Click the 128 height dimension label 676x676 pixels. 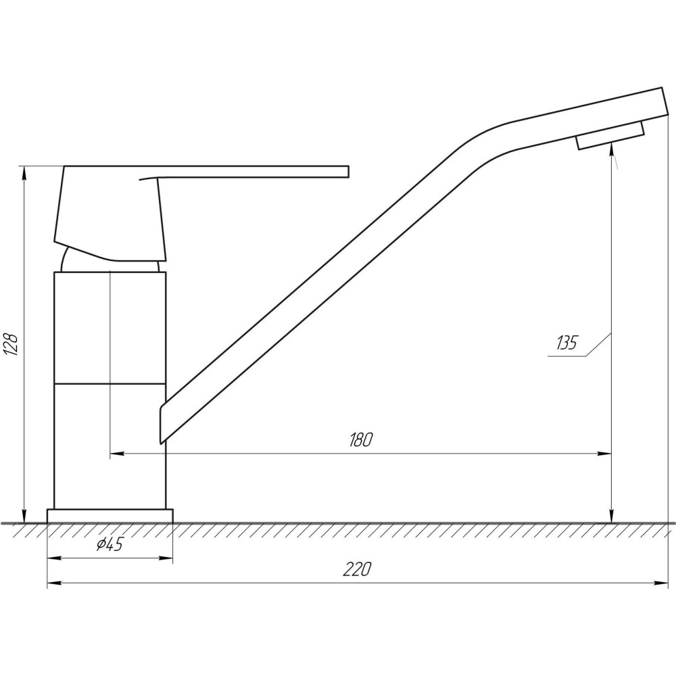point(11,343)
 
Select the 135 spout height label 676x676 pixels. point(566,343)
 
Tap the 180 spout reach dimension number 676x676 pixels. point(360,439)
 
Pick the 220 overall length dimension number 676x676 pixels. point(357,569)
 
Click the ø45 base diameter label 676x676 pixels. point(110,545)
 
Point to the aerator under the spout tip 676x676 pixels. point(610,135)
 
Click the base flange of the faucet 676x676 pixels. point(110,516)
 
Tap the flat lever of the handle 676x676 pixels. point(250,171)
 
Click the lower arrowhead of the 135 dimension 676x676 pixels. point(611,515)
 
